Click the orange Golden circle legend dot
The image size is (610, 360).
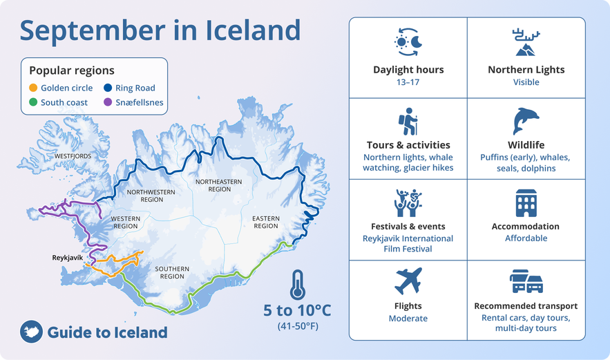coord(33,88)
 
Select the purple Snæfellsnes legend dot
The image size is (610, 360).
coord(108,102)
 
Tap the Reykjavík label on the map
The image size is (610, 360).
coord(68,258)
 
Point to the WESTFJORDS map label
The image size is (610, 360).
coord(73,156)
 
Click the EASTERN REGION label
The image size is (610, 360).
coord(266,222)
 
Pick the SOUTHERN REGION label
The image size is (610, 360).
coord(172,272)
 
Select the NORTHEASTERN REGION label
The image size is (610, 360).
coord(219,185)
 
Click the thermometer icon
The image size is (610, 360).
coord(298,285)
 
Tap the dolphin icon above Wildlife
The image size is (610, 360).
coord(526,121)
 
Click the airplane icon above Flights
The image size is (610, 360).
coord(408,281)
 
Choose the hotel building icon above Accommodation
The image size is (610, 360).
coord(526,203)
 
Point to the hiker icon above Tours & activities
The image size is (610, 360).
coord(408,122)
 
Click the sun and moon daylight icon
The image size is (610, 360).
coord(408,42)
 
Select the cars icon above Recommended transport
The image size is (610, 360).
coord(526,281)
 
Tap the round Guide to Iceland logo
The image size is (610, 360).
coord(32,332)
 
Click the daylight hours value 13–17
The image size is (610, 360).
coord(408,82)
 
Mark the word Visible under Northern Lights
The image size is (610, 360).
coord(526,82)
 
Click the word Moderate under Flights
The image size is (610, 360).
coord(408,319)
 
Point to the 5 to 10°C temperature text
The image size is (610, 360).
coord(297,310)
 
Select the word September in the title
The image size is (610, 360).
coord(93,30)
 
